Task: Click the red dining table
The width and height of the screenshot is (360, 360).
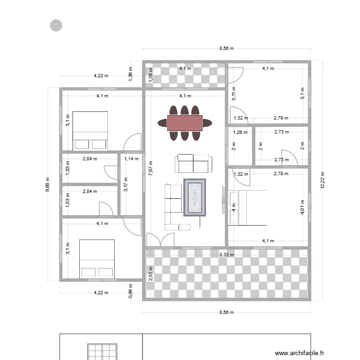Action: click(185, 123)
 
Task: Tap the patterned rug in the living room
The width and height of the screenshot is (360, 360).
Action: click(195, 197)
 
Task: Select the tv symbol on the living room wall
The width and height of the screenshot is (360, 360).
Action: click(223, 200)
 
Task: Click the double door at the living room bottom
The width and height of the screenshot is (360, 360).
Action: click(160, 240)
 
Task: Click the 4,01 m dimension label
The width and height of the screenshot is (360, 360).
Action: click(302, 207)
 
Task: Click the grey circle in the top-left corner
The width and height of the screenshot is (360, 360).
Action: click(56, 25)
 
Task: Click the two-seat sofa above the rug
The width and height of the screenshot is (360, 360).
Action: click(194, 163)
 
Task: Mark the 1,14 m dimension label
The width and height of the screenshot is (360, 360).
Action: click(131, 158)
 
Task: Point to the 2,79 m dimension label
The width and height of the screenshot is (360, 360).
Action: click(281, 118)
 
